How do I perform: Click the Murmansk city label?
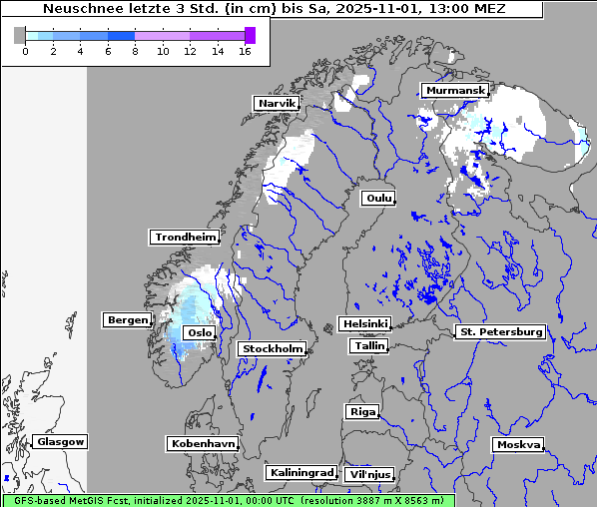(x=454, y=91)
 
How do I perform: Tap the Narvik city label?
(x=277, y=103)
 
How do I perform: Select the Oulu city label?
(x=378, y=198)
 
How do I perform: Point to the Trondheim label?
(x=185, y=237)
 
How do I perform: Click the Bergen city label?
(x=126, y=319)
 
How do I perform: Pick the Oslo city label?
(x=200, y=332)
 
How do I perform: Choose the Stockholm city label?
(x=272, y=348)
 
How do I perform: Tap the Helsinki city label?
(x=364, y=323)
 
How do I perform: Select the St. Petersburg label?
(x=499, y=331)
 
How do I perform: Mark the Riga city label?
(x=361, y=411)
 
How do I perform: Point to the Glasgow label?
(x=60, y=441)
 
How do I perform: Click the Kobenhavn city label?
(x=203, y=442)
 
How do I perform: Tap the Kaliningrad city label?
(x=300, y=472)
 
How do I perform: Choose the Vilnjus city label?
(x=369, y=474)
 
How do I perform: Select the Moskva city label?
(x=518, y=444)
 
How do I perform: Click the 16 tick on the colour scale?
(x=245, y=51)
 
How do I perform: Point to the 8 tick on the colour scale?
(x=134, y=51)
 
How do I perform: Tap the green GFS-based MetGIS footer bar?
(x=228, y=500)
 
